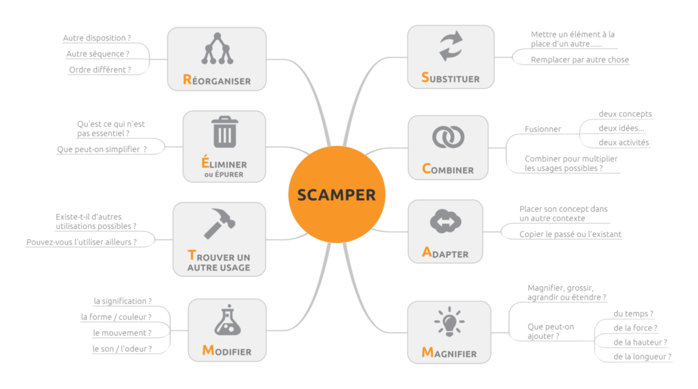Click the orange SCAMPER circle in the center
(336, 195)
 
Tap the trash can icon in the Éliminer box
(224, 132)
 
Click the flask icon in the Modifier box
(227, 322)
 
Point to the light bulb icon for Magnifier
(449, 322)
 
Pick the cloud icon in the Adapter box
(446, 222)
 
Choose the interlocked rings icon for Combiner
(448, 136)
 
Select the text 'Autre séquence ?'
(97, 54)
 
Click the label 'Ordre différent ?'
(100, 69)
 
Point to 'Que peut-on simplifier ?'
(102, 149)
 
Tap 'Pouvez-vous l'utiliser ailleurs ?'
(81, 242)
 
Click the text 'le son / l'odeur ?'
(122, 349)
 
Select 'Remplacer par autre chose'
(579, 60)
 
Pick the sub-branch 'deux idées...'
(621, 128)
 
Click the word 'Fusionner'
(543, 129)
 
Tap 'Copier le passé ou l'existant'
(570, 234)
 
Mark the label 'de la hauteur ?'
(640, 342)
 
